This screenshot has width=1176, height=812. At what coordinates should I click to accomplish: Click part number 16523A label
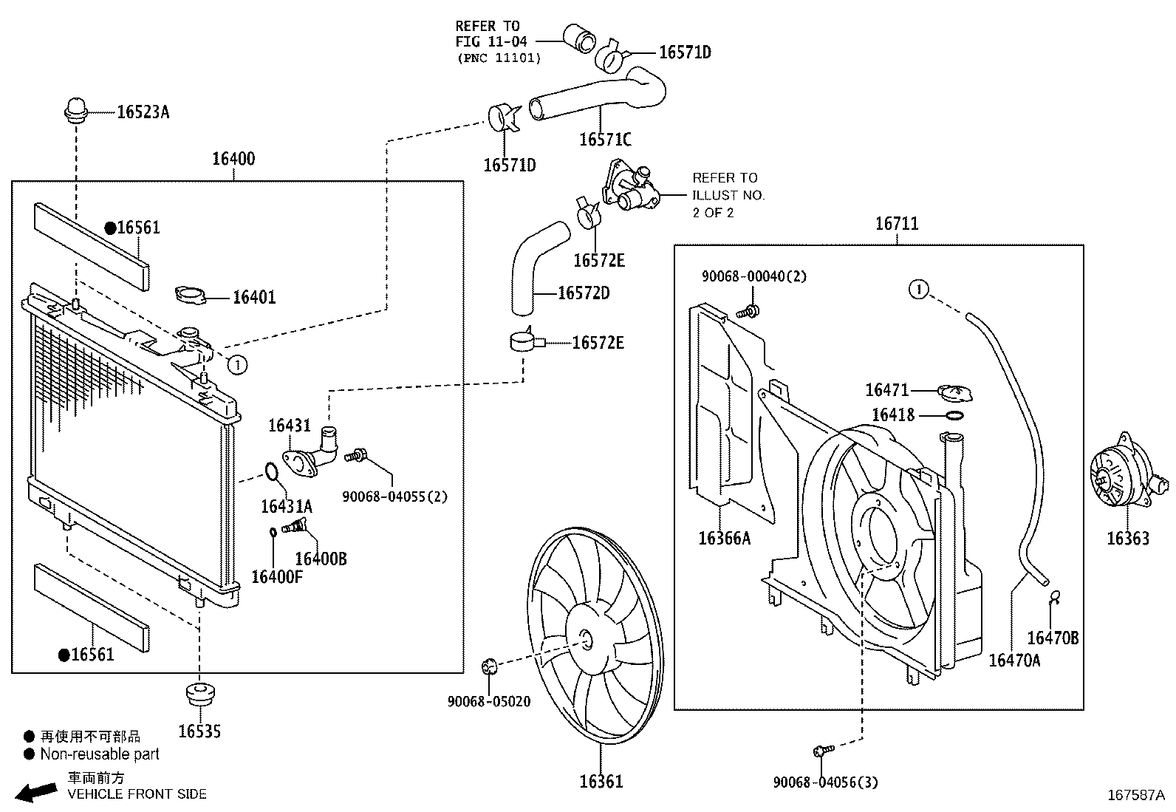pos(143,112)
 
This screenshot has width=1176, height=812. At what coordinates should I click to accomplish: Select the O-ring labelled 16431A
pos(271,471)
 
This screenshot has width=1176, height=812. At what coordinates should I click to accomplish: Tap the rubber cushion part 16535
pos(199,695)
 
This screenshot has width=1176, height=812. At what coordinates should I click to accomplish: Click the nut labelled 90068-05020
pos(488,667)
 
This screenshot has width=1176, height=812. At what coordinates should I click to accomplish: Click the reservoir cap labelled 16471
pos(955,392)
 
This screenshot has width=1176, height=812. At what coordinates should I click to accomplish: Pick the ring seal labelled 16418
pos(954,415)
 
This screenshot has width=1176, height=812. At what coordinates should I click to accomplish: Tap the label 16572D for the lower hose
pos(584,293)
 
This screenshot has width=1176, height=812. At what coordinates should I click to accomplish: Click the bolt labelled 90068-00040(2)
pos(751,311)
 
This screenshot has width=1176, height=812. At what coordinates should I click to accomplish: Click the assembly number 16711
pos(897,224)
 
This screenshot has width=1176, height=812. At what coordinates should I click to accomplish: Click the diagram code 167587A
pos(1136,796)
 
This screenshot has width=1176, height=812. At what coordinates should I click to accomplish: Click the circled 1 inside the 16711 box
pos(918,289)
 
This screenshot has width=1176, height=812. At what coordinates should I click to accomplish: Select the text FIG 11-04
pos(491,42)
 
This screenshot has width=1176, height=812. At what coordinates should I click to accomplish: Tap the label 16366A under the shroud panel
pos(724,538)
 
